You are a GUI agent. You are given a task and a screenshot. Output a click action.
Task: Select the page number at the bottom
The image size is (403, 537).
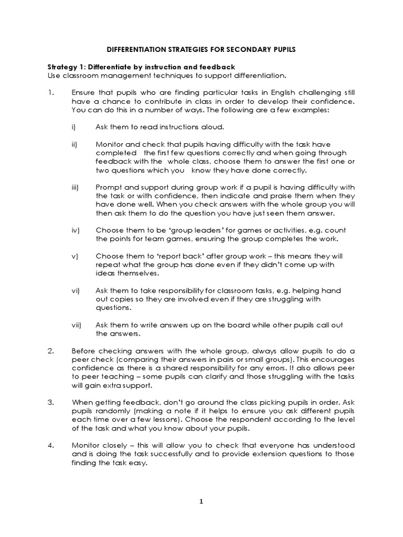coord(201,501)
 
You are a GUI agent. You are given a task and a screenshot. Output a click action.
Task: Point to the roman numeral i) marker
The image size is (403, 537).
coord(73,127)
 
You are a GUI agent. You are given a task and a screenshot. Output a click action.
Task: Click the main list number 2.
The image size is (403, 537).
coord(51,350)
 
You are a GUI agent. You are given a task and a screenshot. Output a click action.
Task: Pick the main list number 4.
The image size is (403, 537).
coord(51,445)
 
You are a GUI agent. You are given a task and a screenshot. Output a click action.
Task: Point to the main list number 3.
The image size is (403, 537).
coord(51,402)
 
